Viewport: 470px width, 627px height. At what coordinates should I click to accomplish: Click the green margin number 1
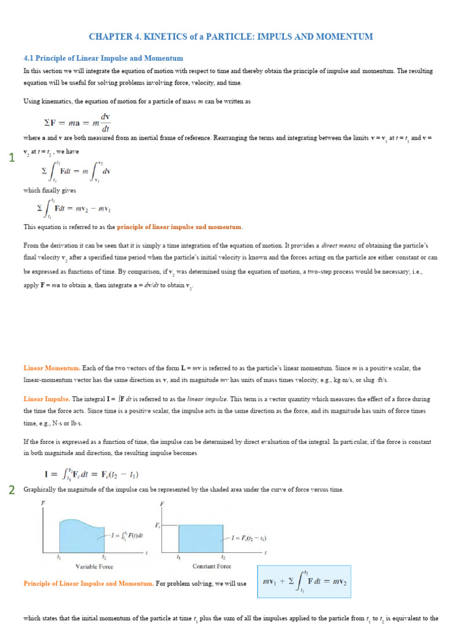coord(12,159)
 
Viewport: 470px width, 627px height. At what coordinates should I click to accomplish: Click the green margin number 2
coord(12,490)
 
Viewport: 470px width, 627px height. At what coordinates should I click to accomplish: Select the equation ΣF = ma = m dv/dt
coord(75,122)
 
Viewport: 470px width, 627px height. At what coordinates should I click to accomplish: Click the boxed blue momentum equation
coord(304,582)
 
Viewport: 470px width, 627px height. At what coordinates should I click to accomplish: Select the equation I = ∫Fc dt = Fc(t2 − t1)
coord(92,474)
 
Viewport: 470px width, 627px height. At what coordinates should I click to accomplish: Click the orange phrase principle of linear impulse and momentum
coord(179,227)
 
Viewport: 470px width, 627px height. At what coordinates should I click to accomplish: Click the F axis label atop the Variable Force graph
coord(43,503)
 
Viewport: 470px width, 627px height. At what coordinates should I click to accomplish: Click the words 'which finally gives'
coord(45,190)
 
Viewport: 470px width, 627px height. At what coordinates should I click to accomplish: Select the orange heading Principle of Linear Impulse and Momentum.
coord(89,584)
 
